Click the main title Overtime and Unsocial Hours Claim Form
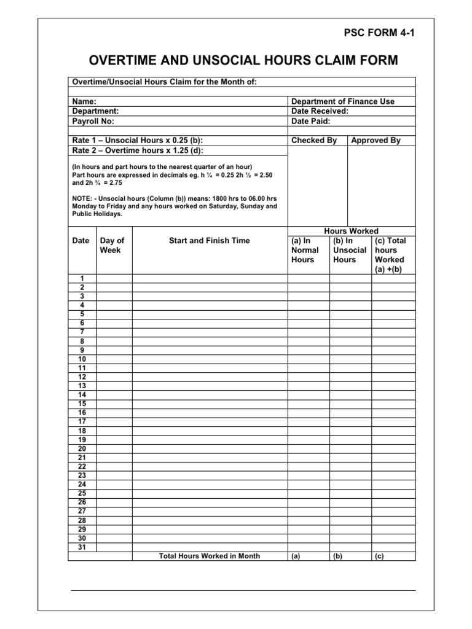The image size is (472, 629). coord(244,60)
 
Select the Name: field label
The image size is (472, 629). coord(84,101)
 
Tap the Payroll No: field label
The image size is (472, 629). coord(93,121)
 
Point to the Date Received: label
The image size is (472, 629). coord(320,111)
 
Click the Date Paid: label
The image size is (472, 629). coord(311,121)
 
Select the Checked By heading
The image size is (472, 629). coord(314,140)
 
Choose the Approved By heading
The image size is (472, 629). coord(376,140)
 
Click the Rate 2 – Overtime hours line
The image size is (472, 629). coord(137,150)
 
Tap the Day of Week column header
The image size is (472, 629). coord(112,245)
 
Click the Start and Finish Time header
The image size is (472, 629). coord(209,241)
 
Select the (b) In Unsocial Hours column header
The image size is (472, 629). coord(349,250)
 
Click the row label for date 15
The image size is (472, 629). coord(82,403)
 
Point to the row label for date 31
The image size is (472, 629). coord(82,547)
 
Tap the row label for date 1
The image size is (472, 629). coord(82,278)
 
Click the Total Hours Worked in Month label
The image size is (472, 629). coord(209,556)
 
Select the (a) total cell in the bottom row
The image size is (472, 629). coord(296,557)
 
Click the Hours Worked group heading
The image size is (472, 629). coord(351,231)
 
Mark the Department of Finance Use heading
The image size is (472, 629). coord(342,101)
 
